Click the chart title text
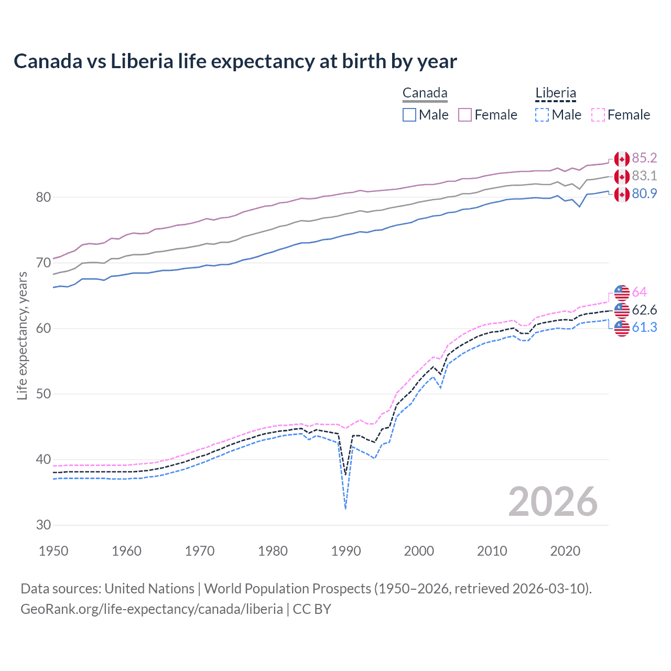(x=235, y=61)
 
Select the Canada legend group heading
(x=425, y=93)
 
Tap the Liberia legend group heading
(x=555, y=93)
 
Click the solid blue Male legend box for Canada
(x=409, y=115)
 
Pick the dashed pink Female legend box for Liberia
(x=598, y=115)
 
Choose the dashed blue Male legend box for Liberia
(x=542, y=115)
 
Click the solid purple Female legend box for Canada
(x=465, y=115)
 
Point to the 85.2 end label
(x=644, y=158)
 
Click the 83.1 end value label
(x=644, y=176)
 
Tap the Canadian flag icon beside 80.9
(x=622, y=194)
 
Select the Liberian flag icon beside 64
(x=622, y=293)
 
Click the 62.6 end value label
(x=644, y=310)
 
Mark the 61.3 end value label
(x=644, y=328)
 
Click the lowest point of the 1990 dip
(x=345, y=508)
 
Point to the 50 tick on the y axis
(x=44, y=394)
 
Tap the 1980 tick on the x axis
(x=273, y=551)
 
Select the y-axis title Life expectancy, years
(x=22, y=335)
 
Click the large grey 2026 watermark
(x=553, y=502)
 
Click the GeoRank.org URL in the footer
(x=151, y=609)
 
